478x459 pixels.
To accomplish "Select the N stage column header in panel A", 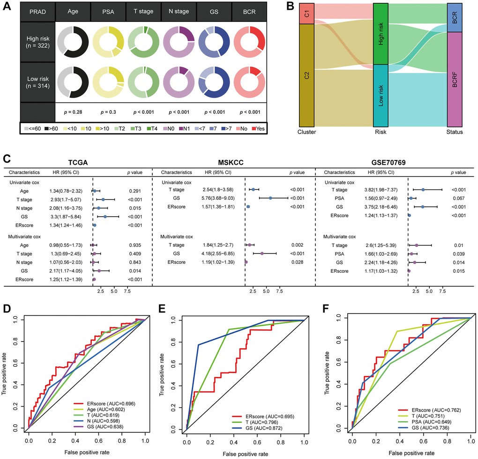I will tap(177, 10).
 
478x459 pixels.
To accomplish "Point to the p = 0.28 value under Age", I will tap(73, 112).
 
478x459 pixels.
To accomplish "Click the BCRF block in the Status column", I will tap(454, 79).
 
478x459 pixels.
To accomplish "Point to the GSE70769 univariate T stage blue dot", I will tap(423, 189).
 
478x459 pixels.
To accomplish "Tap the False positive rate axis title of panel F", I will tap(411, 453).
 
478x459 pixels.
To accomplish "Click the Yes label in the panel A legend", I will tap(260, 128).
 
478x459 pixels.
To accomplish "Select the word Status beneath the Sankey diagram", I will tap(454, 132).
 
